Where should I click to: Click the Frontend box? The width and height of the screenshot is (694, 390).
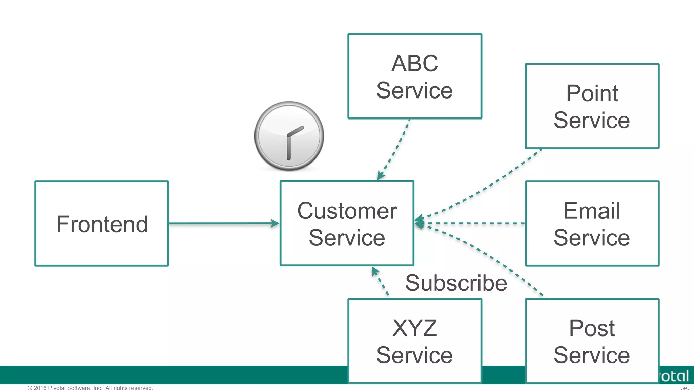click(x=102, y=223)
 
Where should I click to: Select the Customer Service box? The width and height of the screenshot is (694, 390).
click(x=347, y=223)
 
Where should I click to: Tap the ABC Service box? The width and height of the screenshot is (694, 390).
click(x=414, y=76)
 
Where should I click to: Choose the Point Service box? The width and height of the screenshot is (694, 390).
click(x=592, y=106)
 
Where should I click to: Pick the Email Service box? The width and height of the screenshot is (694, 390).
click(x=592, y=223)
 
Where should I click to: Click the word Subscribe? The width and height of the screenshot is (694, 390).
click(x=456, y=283)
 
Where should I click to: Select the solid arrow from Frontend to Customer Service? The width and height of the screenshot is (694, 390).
click(x=224, y=223)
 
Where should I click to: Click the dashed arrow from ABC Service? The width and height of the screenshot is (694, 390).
click(x=395, y=149)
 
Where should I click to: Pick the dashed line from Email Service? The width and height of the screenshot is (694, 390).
click(x=474, y=223)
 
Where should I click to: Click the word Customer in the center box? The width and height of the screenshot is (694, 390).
click(x=347, y=211)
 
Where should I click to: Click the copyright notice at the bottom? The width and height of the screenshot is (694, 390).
click(x=90, y=387)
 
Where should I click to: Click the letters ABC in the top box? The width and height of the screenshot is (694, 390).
click(x=414, y=63)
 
